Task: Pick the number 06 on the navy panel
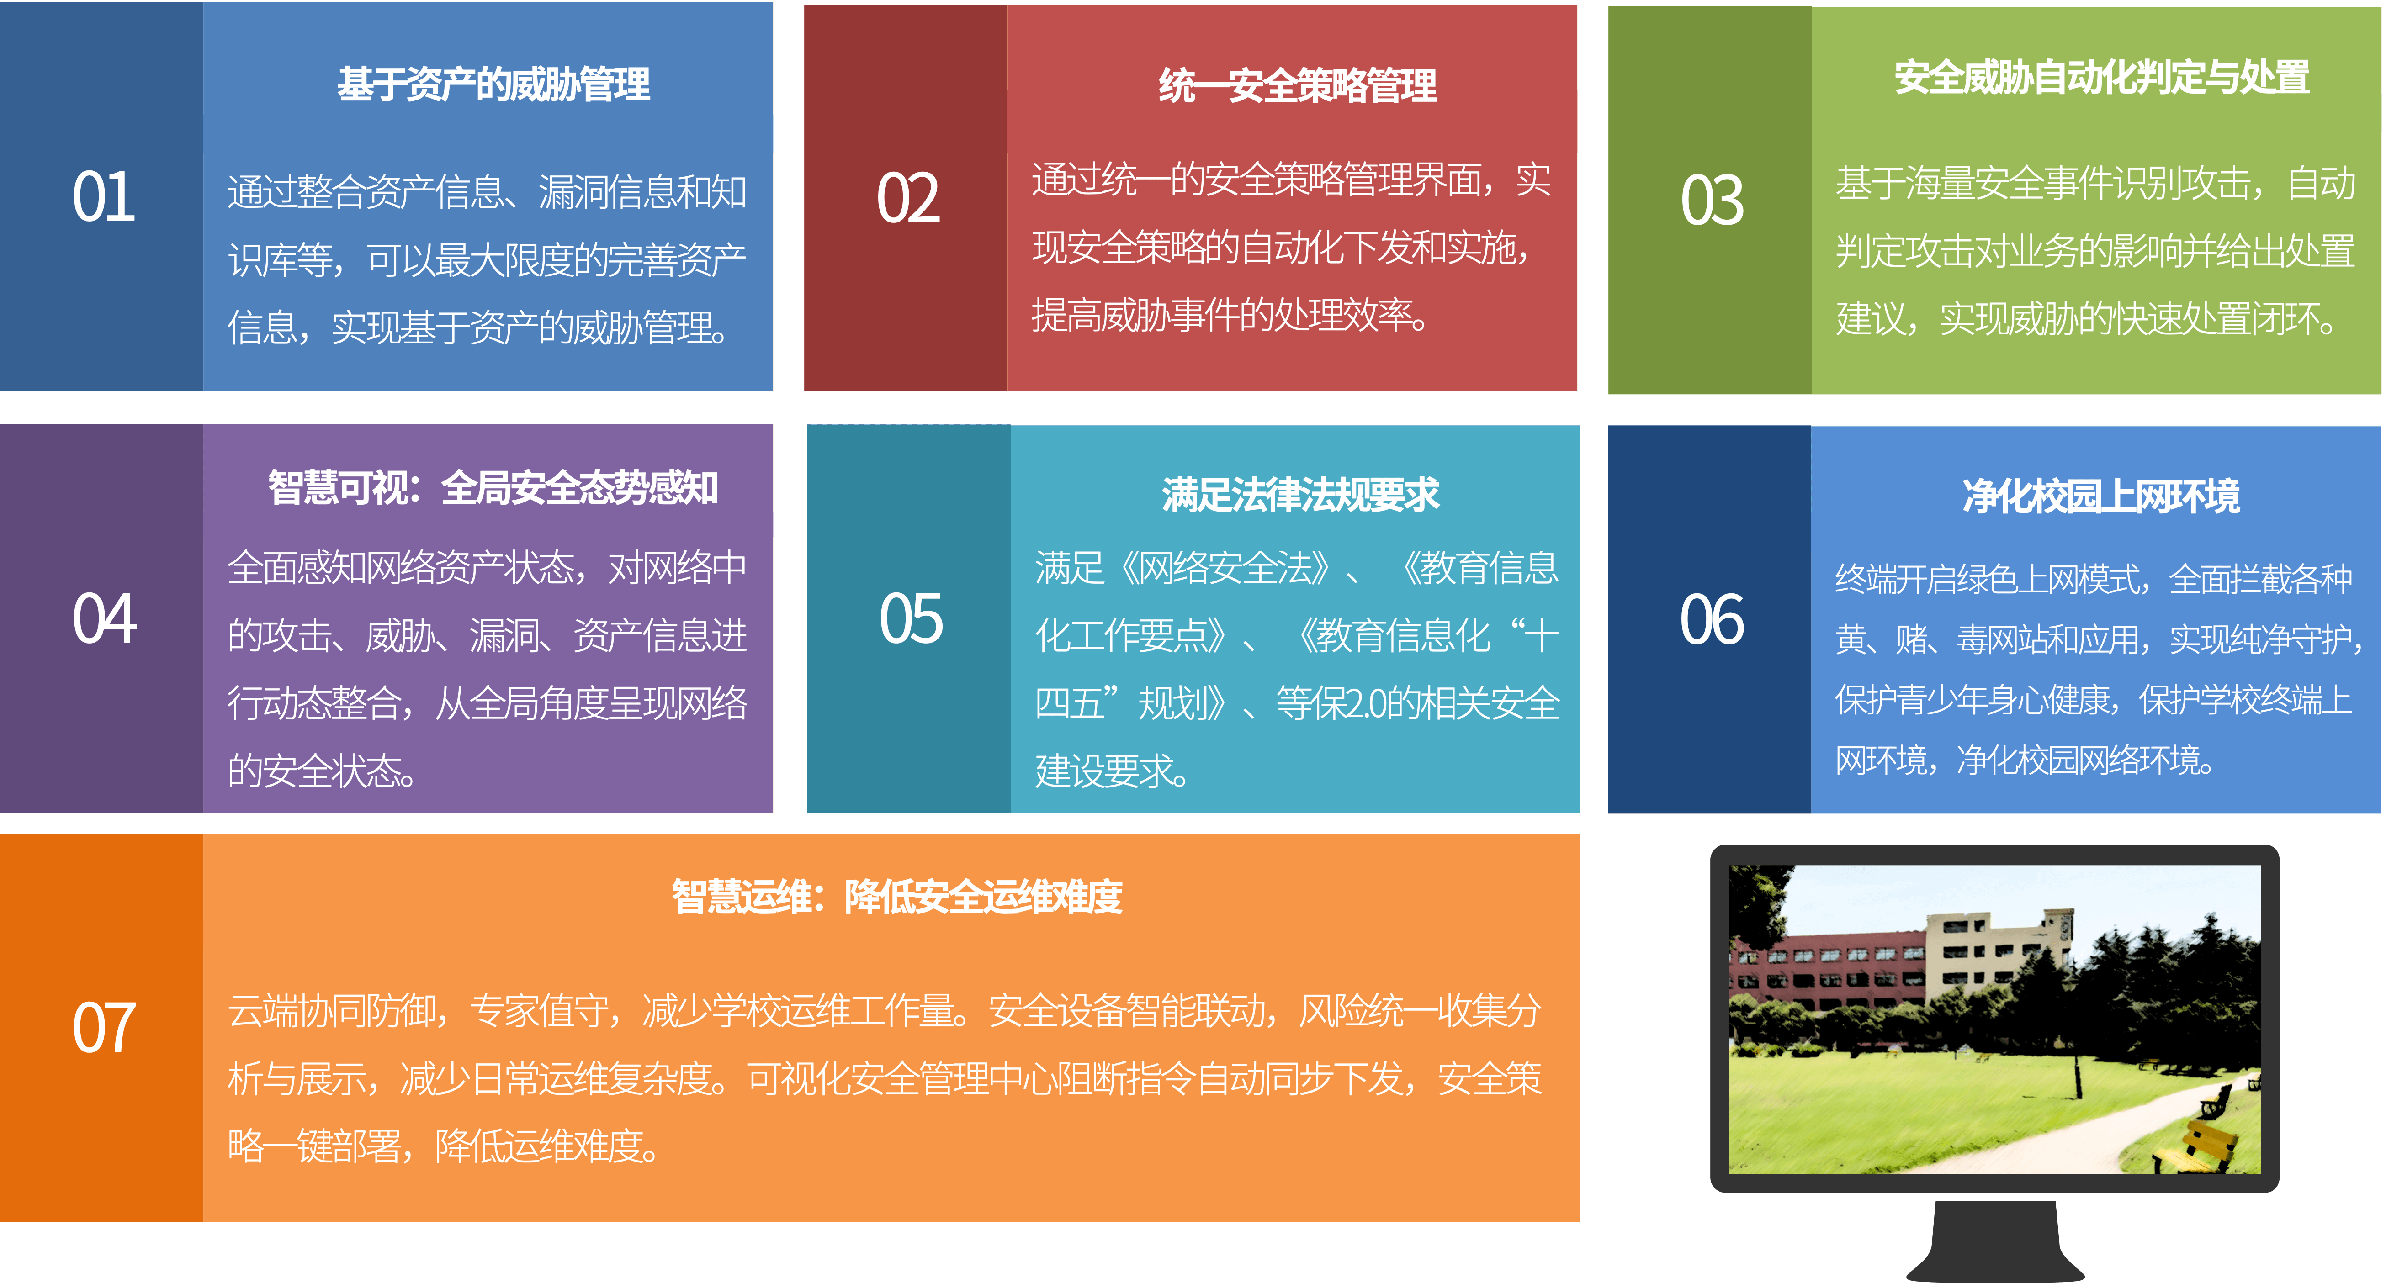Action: coord(1712,619)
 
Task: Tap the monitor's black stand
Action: coord(1995,1240)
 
